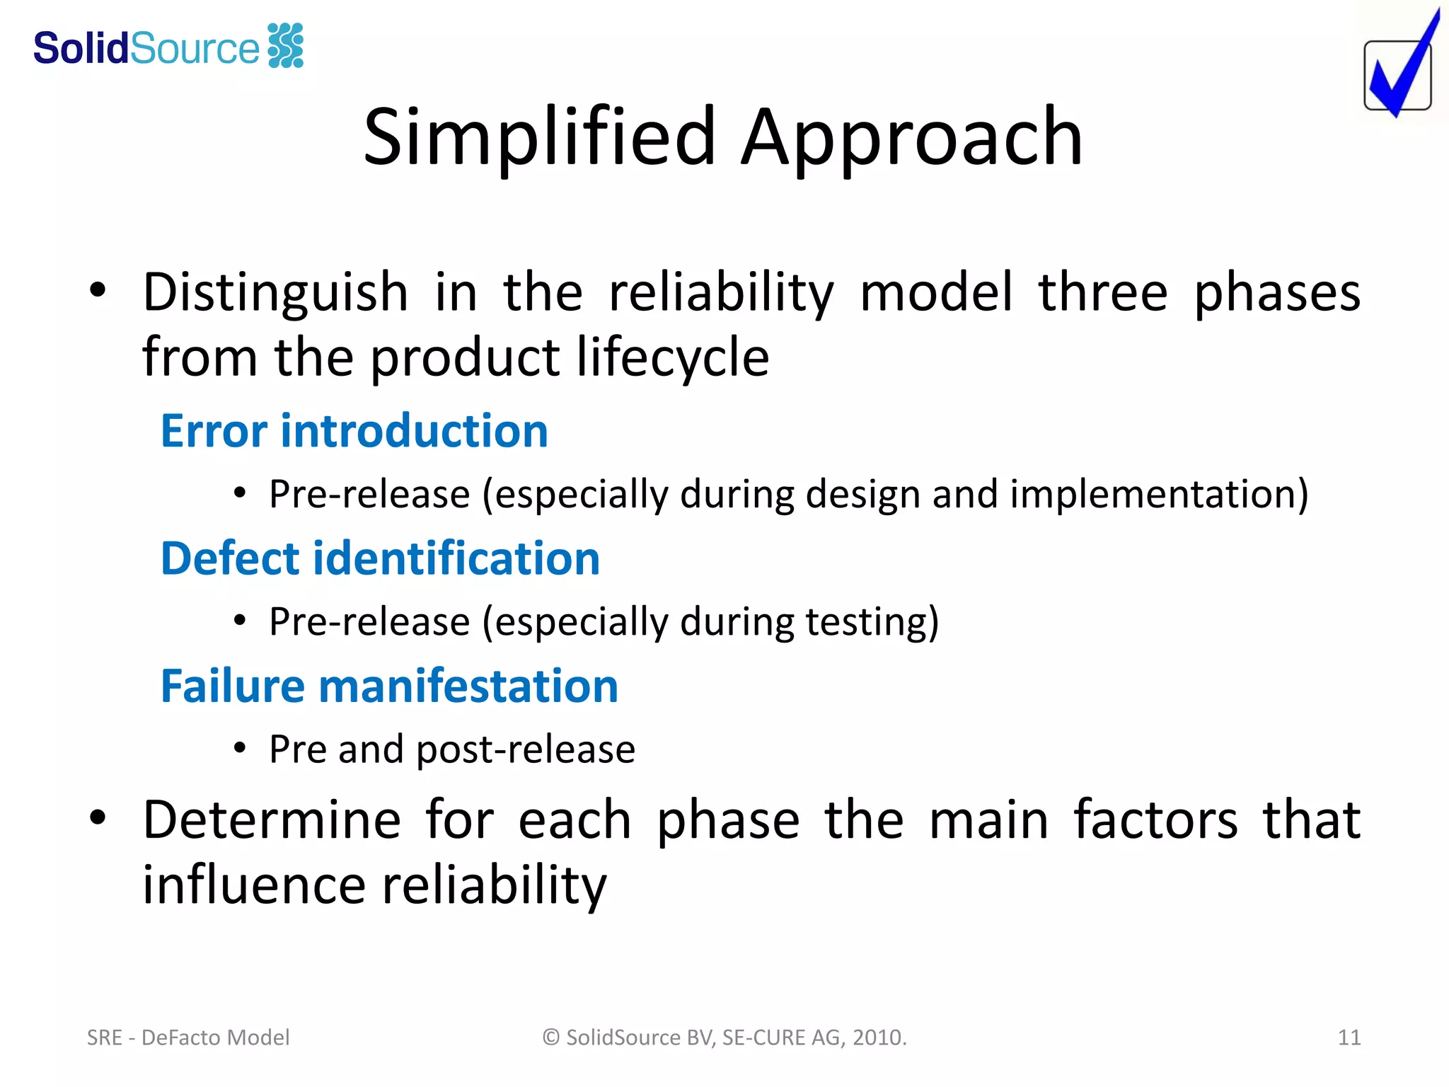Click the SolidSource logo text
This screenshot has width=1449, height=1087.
coord(146,48)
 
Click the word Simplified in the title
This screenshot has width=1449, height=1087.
coord(540,137)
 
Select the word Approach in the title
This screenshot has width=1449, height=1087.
coord(912,137)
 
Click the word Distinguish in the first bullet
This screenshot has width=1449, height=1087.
coord(275,292)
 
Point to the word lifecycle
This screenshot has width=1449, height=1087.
coord(672,357)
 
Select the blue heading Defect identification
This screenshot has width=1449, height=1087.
coord(380,558)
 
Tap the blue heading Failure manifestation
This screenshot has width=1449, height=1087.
coord(389,686)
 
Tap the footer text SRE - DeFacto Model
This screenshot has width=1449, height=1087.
coord(188,1037)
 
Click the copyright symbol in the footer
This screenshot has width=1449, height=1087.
coord(551,1037)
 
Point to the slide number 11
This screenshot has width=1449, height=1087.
coord(1349,1037)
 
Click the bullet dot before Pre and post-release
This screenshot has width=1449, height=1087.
coord(240,747)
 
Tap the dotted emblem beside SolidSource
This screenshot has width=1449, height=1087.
coord(286,46)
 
